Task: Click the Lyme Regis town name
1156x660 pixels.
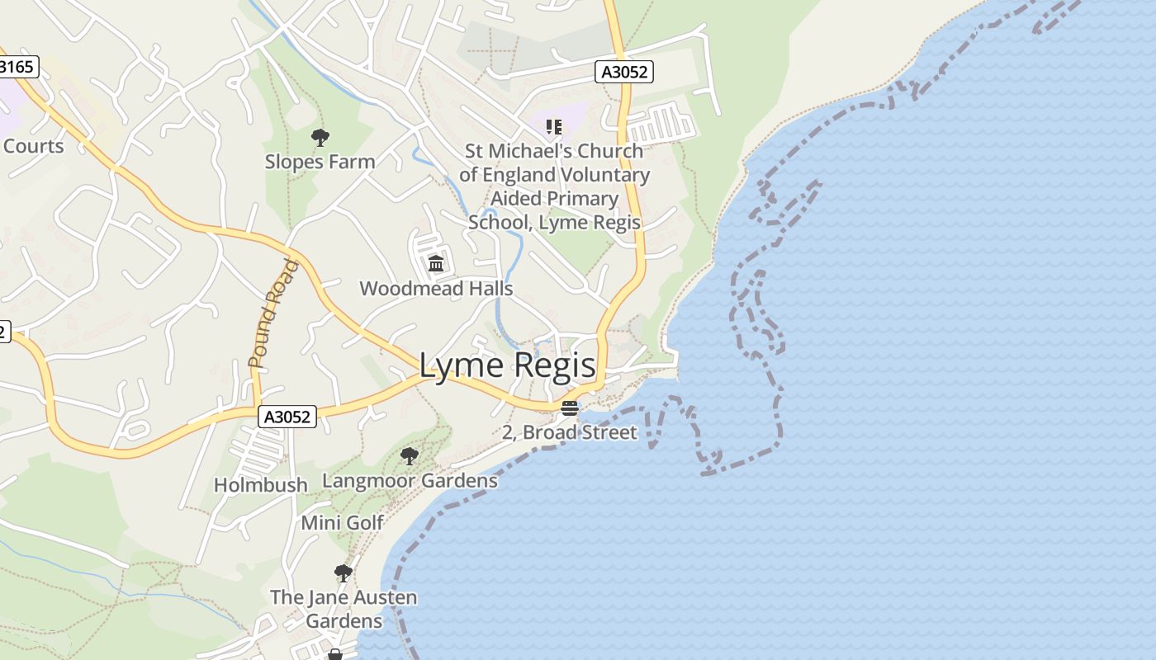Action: pyautogui.click(x=507, y=365)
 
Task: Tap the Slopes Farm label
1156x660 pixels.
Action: pyautogui.click(x=320, y=162)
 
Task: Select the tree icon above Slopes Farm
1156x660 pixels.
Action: pyautogui.click(x=320, y=138)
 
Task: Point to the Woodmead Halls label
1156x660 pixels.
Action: pyautogui.click(x=436, y=289)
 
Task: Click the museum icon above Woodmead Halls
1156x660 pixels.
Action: pyautogui.click(x=436, y=264)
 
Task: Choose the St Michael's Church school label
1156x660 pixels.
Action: pyautogui.click(x=554, y=186)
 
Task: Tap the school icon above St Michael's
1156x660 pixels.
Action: pyautogui.click(x=554, y=127)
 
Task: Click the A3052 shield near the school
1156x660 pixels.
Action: pyautogui.click(x=624, y=72)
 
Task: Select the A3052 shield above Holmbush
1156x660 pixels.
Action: pyautogui.click(x=287, y=417)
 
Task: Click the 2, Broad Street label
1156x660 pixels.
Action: pyautogui.click(x=570, y=432)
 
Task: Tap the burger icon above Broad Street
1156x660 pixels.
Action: pyautogui.click(x=570, y=408)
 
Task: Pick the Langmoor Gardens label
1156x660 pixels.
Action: pyautogui.click(x=410, y=480)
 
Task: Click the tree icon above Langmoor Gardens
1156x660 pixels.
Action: pyautogui.click(x=409, y=456)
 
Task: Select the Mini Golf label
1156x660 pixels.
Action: pyautogui.click(x=342, y=522)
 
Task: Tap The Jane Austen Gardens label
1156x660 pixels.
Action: pyautogui.click(x=343, y=609)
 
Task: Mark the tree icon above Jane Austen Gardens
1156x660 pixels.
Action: pyautogui.click(x=343, y=573)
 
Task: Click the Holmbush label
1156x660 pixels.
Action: pyautogui.click(x=261, y=485)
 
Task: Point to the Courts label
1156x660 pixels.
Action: pyautogui.click(x=33, y=146)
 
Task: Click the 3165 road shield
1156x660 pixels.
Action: pyautogui.click(x=17, y=67)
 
